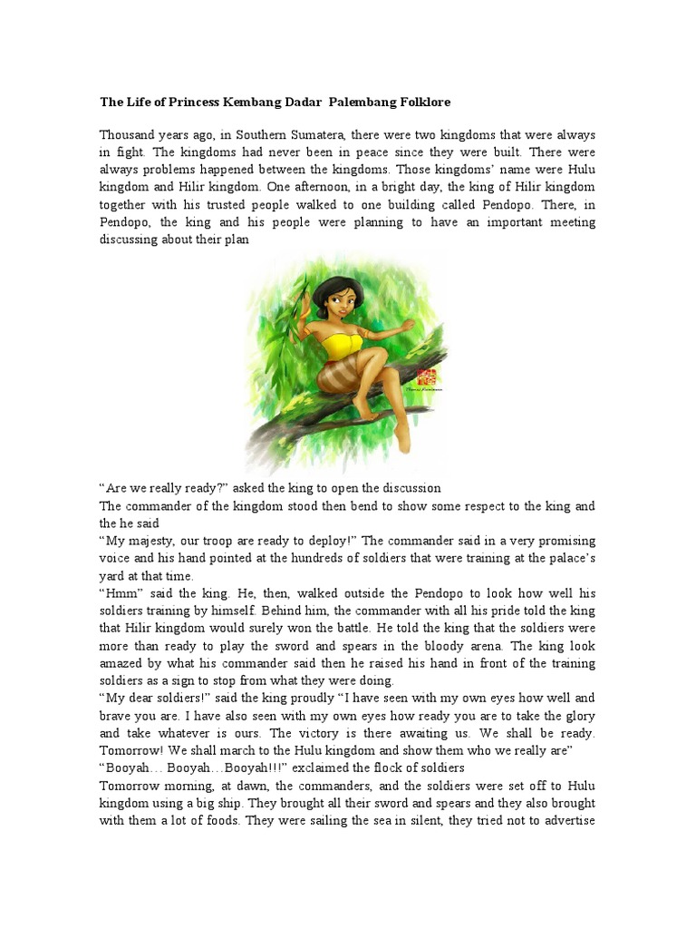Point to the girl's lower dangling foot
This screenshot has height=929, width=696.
[402, 440]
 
